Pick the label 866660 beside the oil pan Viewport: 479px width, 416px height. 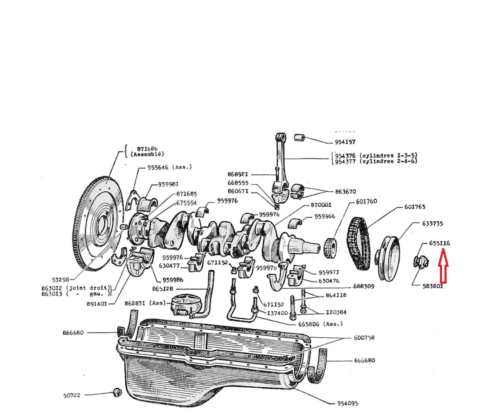[x=73, y=332]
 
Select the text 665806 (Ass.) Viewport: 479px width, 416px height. [x=321, y=324]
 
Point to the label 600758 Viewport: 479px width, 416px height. [x=364, y=337]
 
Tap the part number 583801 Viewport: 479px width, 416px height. [x=433, y=286]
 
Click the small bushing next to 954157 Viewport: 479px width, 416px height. [x=300, y=137]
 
